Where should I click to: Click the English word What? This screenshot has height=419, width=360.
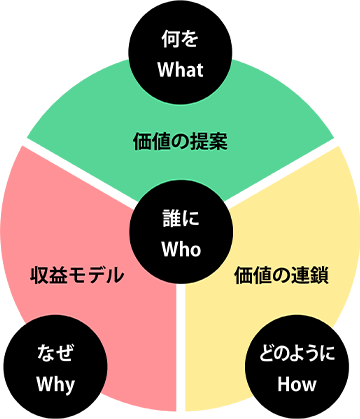(181, 70)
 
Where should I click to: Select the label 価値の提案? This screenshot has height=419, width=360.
(181, 140)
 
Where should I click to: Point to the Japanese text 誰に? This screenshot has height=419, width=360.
(181, 214)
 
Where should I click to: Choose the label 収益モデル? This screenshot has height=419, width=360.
(77, 274)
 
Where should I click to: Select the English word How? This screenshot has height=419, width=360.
(298, 383)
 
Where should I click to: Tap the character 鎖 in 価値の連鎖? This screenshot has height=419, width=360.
(318, 274)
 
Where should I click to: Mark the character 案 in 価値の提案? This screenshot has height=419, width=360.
(219, 140)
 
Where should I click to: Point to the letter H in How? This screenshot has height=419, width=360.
(284, 383)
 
